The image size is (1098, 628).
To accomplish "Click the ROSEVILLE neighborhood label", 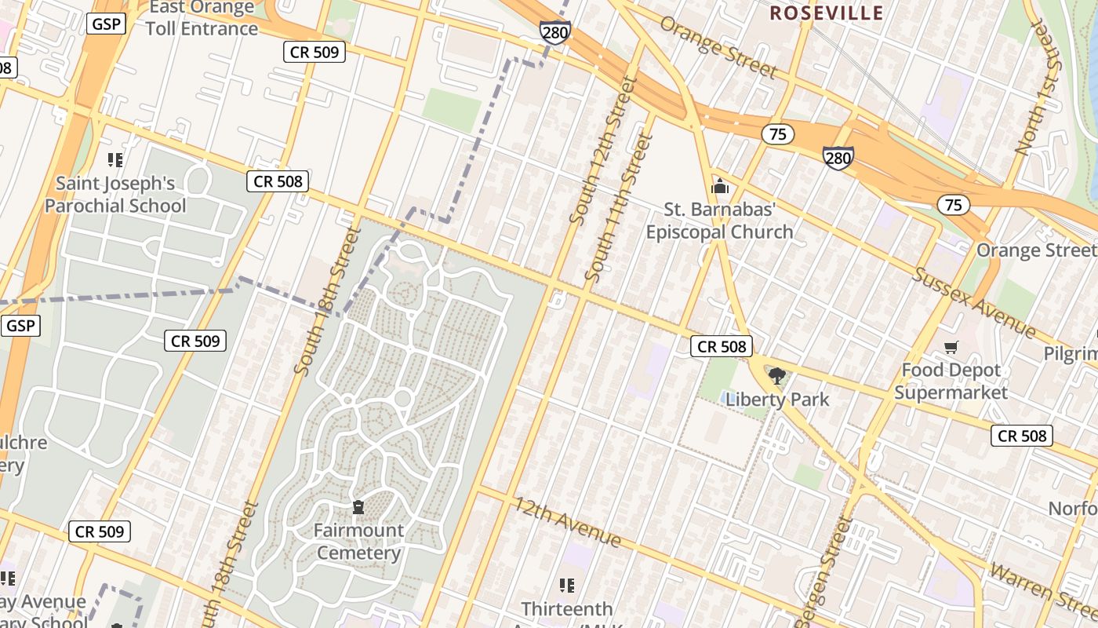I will pos(826,13).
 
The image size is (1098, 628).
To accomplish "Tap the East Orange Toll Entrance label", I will pos(202,18).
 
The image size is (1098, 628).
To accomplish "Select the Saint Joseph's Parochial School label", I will pos(115,195).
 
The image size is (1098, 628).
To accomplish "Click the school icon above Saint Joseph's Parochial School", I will pos(115,160).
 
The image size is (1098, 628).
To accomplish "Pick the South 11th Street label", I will pos(620,208).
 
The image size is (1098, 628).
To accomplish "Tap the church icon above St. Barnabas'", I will pos(719,187).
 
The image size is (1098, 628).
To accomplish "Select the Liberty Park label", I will pos(777,400).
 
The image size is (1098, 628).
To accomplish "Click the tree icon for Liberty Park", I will pos(777,376).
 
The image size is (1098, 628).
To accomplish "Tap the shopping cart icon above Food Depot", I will pos(951,347).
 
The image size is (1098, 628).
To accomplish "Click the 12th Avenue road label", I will pos(568,522).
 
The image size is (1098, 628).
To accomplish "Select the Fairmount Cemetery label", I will pos(359,542).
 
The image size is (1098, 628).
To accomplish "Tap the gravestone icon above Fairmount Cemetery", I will pos(358,507).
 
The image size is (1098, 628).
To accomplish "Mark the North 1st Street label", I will pos(1038,86).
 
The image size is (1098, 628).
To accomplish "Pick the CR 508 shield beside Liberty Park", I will pos(722,346).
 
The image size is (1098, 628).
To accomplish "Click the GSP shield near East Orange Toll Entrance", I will pos(106,24).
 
